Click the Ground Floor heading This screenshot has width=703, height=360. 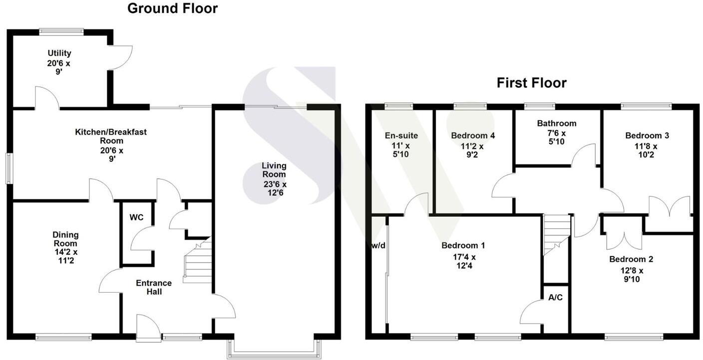(x=172, y=8)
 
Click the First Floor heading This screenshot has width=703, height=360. (x=531, y=83)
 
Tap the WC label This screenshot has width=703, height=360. (x=136, y=218)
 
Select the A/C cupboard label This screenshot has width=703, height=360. (x=555, y=298)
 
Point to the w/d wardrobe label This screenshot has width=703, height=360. (x=378, y=245)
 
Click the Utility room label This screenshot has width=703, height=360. (x=59, y=53)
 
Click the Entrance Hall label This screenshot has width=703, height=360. (x=154, y=287)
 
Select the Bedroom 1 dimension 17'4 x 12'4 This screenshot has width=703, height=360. (x=463, y=262)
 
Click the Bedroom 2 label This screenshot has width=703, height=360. (x=631, y=259)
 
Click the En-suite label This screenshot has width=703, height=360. (x=401, y=135)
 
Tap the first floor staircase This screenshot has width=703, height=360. (x=556, y=234)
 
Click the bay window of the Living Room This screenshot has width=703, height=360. (x=274, y=350)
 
